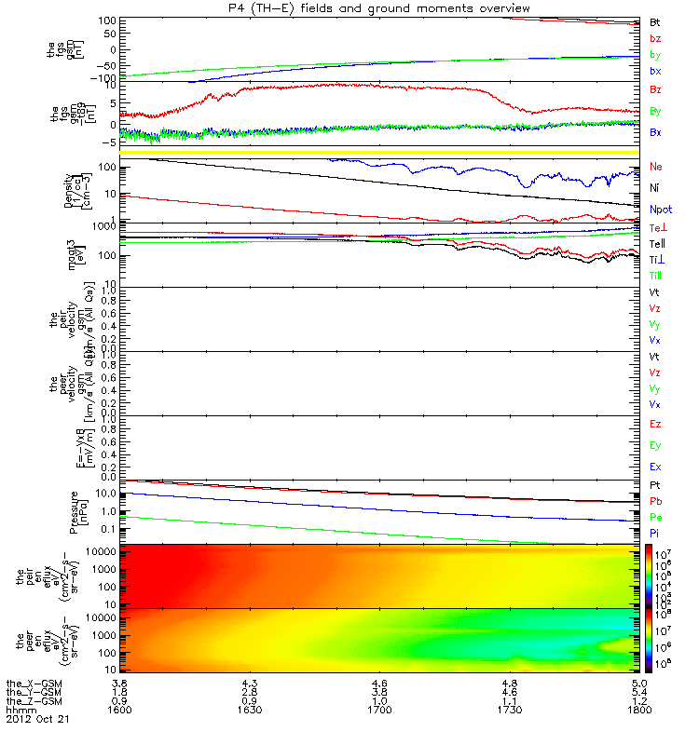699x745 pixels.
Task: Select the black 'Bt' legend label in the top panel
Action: [x=655, y=21]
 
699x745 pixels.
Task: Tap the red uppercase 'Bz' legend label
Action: [x=655, y=90]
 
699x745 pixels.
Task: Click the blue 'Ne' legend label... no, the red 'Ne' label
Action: [x=655, y=167]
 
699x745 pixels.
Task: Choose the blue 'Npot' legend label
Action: [x=660, y=211]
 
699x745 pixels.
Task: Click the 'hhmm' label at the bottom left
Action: [x=18, y=710]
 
